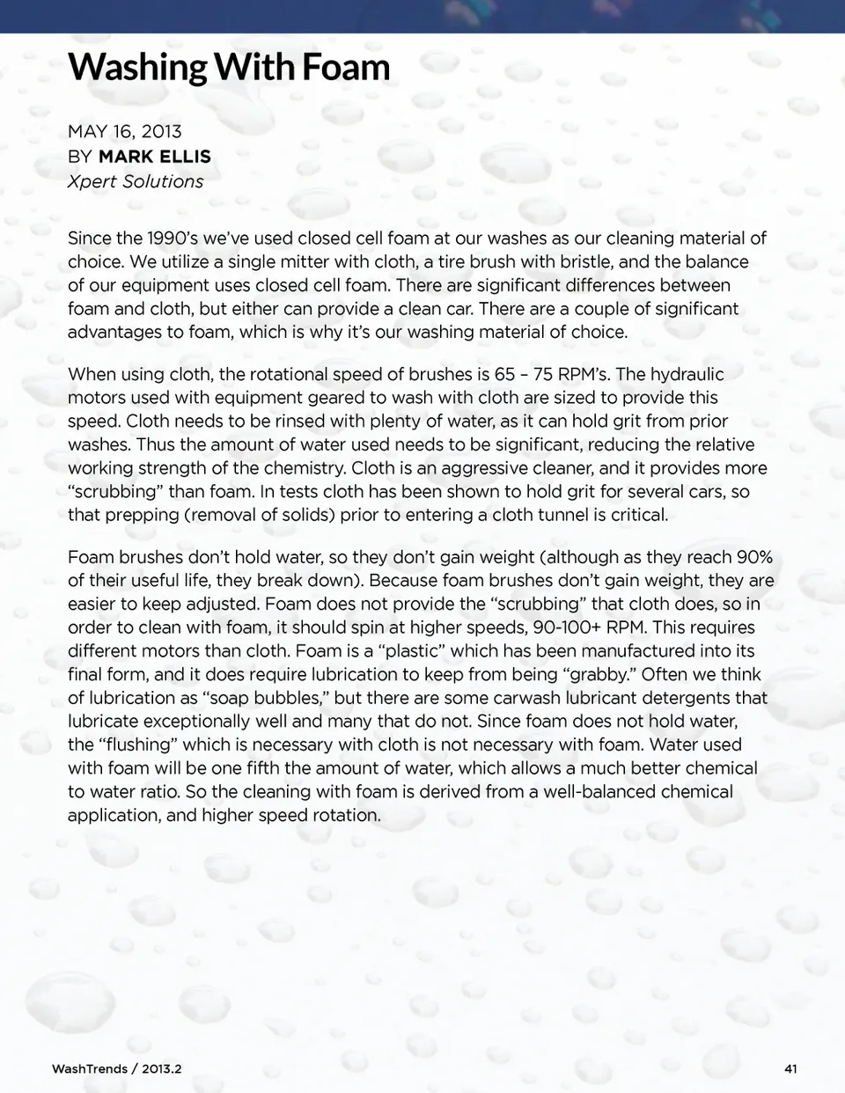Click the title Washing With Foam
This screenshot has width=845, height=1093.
pos(229,67)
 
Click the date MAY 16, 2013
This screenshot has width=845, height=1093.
pos(125,132)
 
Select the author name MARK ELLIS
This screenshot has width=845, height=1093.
pos(155,157)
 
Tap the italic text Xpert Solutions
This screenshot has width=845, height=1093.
pos(136,181)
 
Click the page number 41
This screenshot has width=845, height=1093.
pos(790,1068)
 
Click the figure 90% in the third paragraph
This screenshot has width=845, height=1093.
pos(754,557)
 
